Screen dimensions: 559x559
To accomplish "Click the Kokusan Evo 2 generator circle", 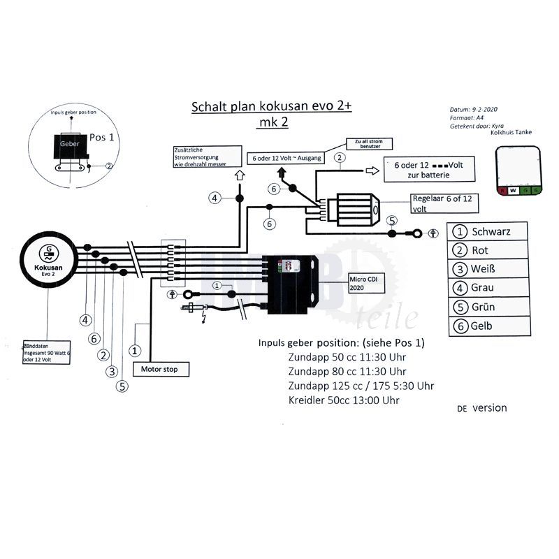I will (x=49, y=263).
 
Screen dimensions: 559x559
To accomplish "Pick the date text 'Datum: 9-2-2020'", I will (x=474, y=110).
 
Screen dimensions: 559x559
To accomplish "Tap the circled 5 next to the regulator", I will (x=392, y=221).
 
